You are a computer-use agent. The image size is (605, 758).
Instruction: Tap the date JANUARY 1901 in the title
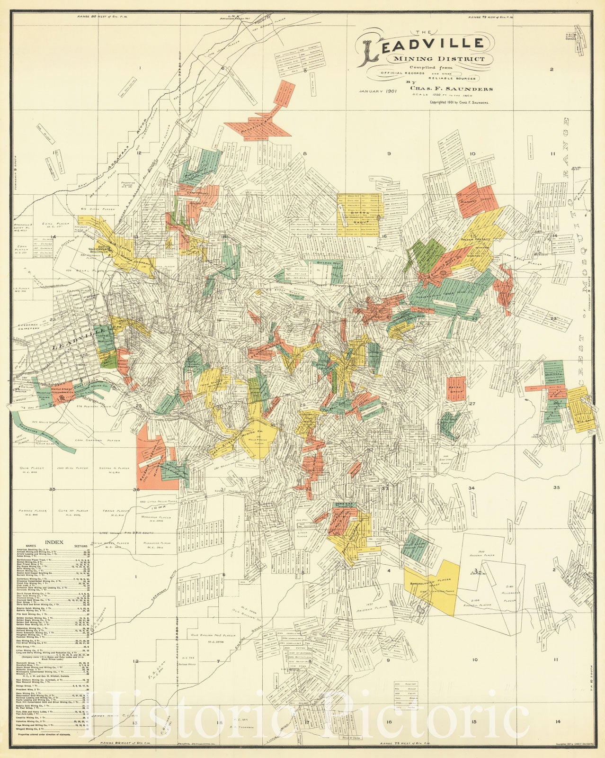point(377,90)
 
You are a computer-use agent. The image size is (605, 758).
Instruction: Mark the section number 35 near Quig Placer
point(53,489)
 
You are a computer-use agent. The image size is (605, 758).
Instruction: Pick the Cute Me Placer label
point(73,512)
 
